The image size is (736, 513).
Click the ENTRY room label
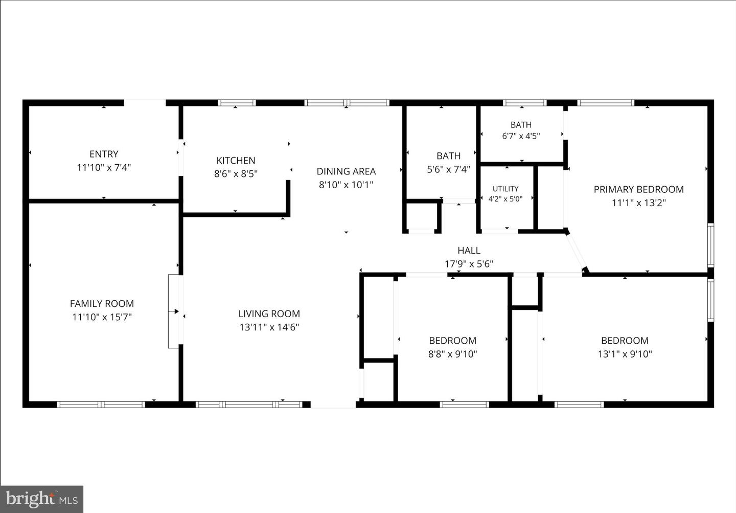click(104, 154)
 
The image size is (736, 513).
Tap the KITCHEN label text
click(236, 161)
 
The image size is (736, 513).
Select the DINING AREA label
click(346, 171)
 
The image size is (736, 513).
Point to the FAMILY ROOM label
click(102, 303)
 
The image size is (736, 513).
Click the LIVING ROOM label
click(269, 314)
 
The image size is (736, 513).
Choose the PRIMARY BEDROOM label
click(638, 189)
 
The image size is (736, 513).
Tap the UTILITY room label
click(505, 189)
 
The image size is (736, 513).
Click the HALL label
click(469, 251)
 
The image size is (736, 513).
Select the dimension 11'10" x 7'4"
click(104, 168)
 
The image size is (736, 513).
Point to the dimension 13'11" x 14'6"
click(269, 327)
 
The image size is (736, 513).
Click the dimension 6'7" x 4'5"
click(521, 136)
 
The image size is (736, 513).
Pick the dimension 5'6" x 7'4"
click(449, 169)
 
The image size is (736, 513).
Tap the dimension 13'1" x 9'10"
click(625, 354)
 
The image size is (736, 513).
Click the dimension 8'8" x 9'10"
click(452, 354)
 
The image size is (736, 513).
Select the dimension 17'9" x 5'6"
click(469, 264)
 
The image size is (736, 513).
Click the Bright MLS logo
click(42, 499)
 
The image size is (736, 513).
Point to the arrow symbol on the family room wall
click(174, 311)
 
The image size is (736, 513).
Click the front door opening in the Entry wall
click(145, 103)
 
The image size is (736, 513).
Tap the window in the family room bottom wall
click(101, 405)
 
